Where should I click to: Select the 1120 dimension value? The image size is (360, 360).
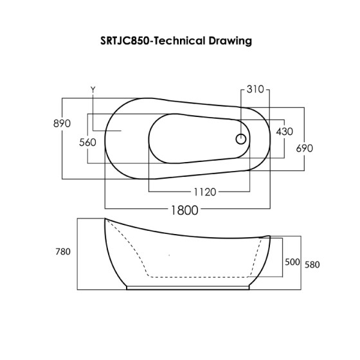[204, 192]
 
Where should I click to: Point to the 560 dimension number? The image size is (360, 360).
[87, 142]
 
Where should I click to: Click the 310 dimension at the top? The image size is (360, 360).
[256, 90]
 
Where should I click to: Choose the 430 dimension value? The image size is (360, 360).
[284, 131]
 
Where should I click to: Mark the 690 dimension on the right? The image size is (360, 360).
[304, 148]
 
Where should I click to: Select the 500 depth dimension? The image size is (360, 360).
[292, 262]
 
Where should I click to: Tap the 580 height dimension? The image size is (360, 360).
[312, 264]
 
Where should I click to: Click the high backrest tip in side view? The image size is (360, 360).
[106, 221]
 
